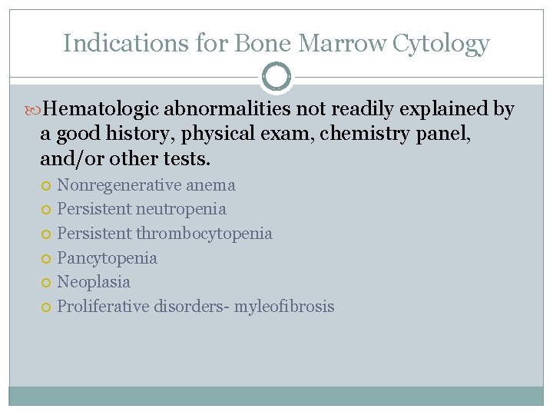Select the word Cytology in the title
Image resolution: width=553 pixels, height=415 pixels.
tap(441, 43)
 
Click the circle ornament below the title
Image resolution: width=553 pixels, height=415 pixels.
tap(276, 77)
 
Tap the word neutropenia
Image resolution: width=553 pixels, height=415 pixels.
tap(181, 209)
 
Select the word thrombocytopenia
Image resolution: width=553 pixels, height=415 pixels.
tap(204, 234)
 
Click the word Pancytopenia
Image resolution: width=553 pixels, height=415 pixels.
tap(107, 258)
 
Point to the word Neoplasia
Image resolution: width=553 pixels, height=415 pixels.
tap(94, 282)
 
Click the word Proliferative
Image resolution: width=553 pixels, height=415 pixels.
tap(104, 307)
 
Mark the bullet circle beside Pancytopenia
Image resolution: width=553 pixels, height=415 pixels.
tap(48, 259)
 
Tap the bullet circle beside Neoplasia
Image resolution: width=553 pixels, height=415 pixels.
tap(48, 283)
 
